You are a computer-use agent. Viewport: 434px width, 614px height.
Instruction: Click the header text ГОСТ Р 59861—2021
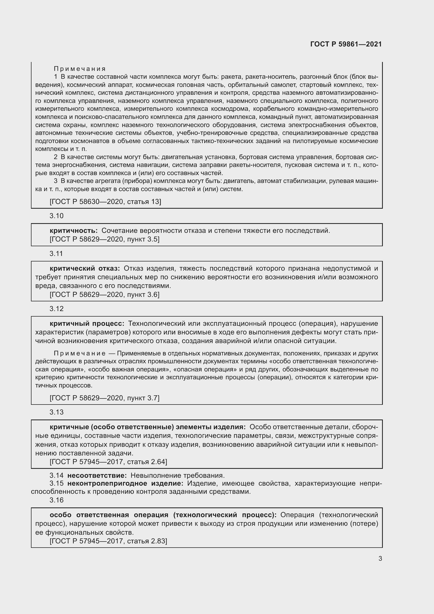(346, 44)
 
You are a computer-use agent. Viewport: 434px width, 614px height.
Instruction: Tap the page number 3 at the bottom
(380, 558)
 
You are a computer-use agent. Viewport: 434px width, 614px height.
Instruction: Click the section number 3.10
(56, 216)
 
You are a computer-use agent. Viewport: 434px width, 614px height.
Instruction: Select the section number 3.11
(56, 254)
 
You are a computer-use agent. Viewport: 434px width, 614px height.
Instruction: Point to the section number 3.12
(56, 309)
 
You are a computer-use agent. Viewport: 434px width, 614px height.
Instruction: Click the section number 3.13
(56, 412)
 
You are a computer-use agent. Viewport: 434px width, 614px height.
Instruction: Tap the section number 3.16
(56, 500)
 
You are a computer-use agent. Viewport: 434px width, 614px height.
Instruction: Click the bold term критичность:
(74, 230)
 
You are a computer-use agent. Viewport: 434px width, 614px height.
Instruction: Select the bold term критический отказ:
(85, 268)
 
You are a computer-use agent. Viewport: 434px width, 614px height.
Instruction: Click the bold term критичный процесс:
(87, 323)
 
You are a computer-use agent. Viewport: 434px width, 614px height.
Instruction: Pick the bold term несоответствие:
(97, 475)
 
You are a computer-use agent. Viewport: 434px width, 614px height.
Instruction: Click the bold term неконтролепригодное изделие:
(125, 483)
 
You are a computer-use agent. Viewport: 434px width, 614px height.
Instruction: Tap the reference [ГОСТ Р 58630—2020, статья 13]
(105, 201)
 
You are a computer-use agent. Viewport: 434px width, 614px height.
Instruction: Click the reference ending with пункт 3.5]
(104, 239)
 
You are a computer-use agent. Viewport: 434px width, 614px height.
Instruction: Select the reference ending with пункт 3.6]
(104, 295)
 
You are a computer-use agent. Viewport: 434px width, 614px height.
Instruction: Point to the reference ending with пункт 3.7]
(104, 398)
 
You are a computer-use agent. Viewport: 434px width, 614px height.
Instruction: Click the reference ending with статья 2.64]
(108, 461)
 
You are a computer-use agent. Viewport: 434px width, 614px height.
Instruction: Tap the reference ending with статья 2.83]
(108, 541)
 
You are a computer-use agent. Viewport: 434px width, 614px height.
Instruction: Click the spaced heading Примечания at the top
(80, 69)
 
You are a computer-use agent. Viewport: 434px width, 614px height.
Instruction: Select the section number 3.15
(56, 483)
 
